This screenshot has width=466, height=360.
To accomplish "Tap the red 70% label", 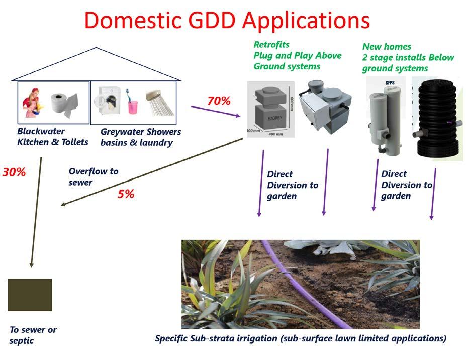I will [x=219, y=101].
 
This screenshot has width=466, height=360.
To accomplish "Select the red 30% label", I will [x=14, y=172].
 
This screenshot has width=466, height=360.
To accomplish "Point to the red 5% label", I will [x=126, y=194].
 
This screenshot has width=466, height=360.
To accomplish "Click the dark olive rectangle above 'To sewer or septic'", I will [x=30, y=295].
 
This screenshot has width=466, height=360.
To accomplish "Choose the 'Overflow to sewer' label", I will [x=94, y=176].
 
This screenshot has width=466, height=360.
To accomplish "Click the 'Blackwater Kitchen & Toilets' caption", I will [x=52, y=137].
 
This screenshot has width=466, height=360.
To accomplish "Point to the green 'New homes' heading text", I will [x=387, y=47].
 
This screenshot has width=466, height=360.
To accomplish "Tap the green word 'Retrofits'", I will [x=271, y=45].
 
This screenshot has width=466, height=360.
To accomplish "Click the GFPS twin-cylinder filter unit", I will [x=385, y=118].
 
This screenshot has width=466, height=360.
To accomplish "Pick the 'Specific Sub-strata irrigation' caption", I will [x=301, y=338].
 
